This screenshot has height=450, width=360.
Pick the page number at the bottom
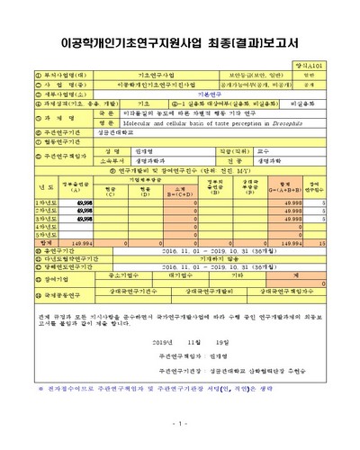click(180, 424)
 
